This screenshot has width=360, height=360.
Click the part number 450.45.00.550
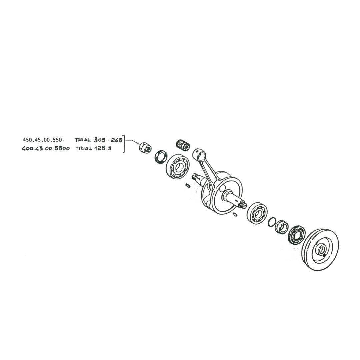[42, 140]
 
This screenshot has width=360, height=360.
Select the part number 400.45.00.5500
[46, 149]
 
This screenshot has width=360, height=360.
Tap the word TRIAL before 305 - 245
[83, 140]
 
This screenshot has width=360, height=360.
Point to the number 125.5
[103, 149]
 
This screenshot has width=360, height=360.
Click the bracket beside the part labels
[124, 144]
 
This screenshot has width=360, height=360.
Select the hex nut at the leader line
[145, 147]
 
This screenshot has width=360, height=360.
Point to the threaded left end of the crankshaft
[196, 176]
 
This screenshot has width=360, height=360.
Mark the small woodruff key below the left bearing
[188, 185]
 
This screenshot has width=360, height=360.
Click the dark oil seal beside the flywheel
[297, 235]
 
